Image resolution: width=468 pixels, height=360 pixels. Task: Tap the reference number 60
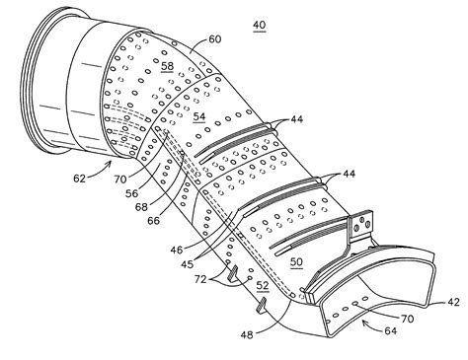(x=215, y=40)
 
